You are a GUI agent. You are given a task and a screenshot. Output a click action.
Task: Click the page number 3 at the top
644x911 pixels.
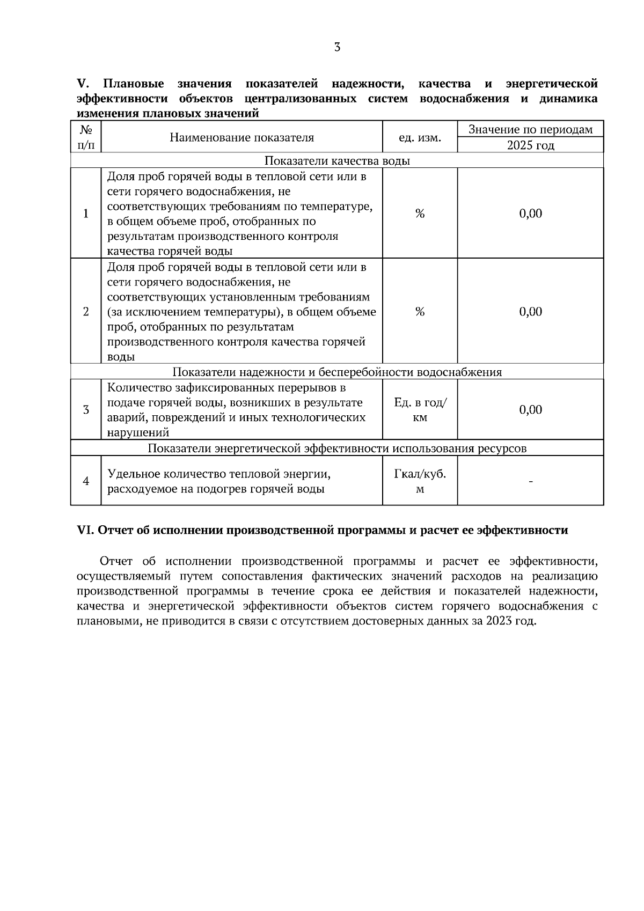pyautogui.click(x=337, y=47)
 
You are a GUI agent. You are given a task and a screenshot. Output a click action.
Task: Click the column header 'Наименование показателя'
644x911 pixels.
pyautogui.click(x=241, y=137)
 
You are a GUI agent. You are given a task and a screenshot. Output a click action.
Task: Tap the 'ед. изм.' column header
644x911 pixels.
pyautogui.click(x=420, y=138)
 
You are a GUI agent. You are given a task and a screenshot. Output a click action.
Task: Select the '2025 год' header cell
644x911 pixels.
pyautogui.click(x=530, y=145)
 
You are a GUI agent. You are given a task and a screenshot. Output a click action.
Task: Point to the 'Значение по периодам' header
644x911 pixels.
pyautogui.click(x=530, y=129)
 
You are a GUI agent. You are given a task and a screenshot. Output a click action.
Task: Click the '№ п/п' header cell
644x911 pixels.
pyautogui.click(x=86, y=137)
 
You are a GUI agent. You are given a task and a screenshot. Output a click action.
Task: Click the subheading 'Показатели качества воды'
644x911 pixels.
pyautogui.click(x=337, y=161)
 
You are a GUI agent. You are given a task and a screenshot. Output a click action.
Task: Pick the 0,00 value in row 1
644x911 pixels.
pyautogui.click(x=530, y=214)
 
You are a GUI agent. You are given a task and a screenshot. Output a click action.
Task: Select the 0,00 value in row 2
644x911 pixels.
pyautogui.click(x=530, y=312)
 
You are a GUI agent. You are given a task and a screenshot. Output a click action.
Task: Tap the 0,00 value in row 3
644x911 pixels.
pyautogui.click(x=530, y=410)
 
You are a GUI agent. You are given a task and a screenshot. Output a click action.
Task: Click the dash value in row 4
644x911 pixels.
pyautogui.click(x=530, y=481)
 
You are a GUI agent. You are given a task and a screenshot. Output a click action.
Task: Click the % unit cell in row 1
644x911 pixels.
pyautogui.click(x=420, y=214)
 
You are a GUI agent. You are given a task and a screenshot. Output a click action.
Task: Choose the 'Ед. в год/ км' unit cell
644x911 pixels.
pyautogui.click(x=420, y=410)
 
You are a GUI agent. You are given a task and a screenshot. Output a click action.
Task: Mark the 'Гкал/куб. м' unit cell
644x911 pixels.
pyautogui.click(x=420, y=481)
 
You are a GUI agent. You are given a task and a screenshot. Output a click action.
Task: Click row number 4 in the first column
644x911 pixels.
pyautogui.click(x=86, y=481)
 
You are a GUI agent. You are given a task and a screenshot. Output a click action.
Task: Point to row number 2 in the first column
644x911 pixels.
pyautogui.click(x=86, y=312)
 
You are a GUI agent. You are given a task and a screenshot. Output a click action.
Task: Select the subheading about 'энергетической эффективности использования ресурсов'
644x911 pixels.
pyautogui.click(x=337, y=449)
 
